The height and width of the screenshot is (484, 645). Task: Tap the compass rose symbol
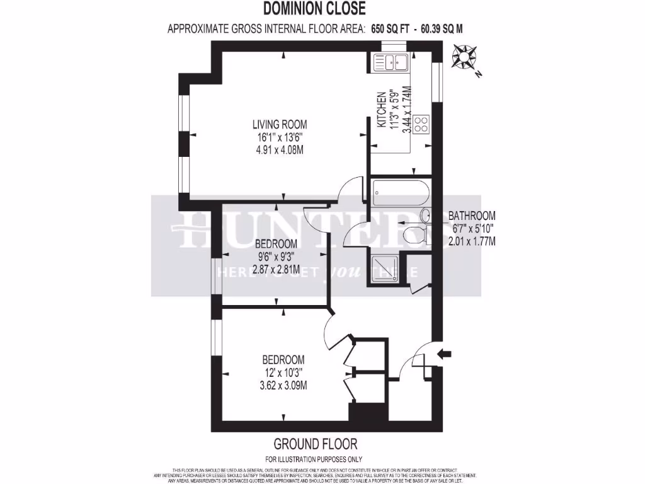(x=465, y=57)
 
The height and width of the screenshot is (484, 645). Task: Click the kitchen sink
(x=391, y=62)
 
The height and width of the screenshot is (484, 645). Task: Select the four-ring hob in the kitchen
(x=421, y=124)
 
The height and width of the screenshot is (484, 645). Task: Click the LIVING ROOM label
(x=280, y=124)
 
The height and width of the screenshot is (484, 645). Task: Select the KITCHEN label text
(x=382, y=111)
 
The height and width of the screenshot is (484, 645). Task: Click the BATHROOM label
(x=472, y=216)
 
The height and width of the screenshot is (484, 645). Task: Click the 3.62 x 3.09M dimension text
(x=283, y=385)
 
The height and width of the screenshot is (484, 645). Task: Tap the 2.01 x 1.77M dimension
(x=472, y=240)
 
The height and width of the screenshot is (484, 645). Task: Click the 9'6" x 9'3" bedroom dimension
(x=275, y=256)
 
